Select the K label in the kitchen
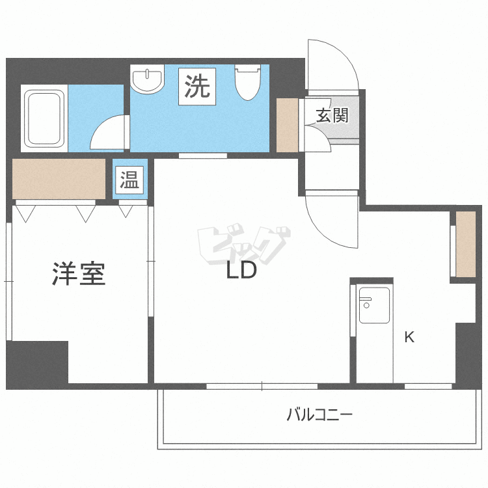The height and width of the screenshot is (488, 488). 409,337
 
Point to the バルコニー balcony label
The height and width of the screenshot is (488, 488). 319,414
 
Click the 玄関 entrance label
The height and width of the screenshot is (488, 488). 332,116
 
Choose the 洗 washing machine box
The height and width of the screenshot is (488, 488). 198,86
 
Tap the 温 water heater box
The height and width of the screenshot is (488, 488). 129,180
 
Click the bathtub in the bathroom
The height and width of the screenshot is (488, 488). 44,118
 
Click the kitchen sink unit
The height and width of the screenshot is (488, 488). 374,305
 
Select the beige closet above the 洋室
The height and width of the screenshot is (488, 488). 59,178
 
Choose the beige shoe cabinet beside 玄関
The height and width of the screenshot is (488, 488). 287,125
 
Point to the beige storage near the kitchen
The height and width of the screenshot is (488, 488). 466,244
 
